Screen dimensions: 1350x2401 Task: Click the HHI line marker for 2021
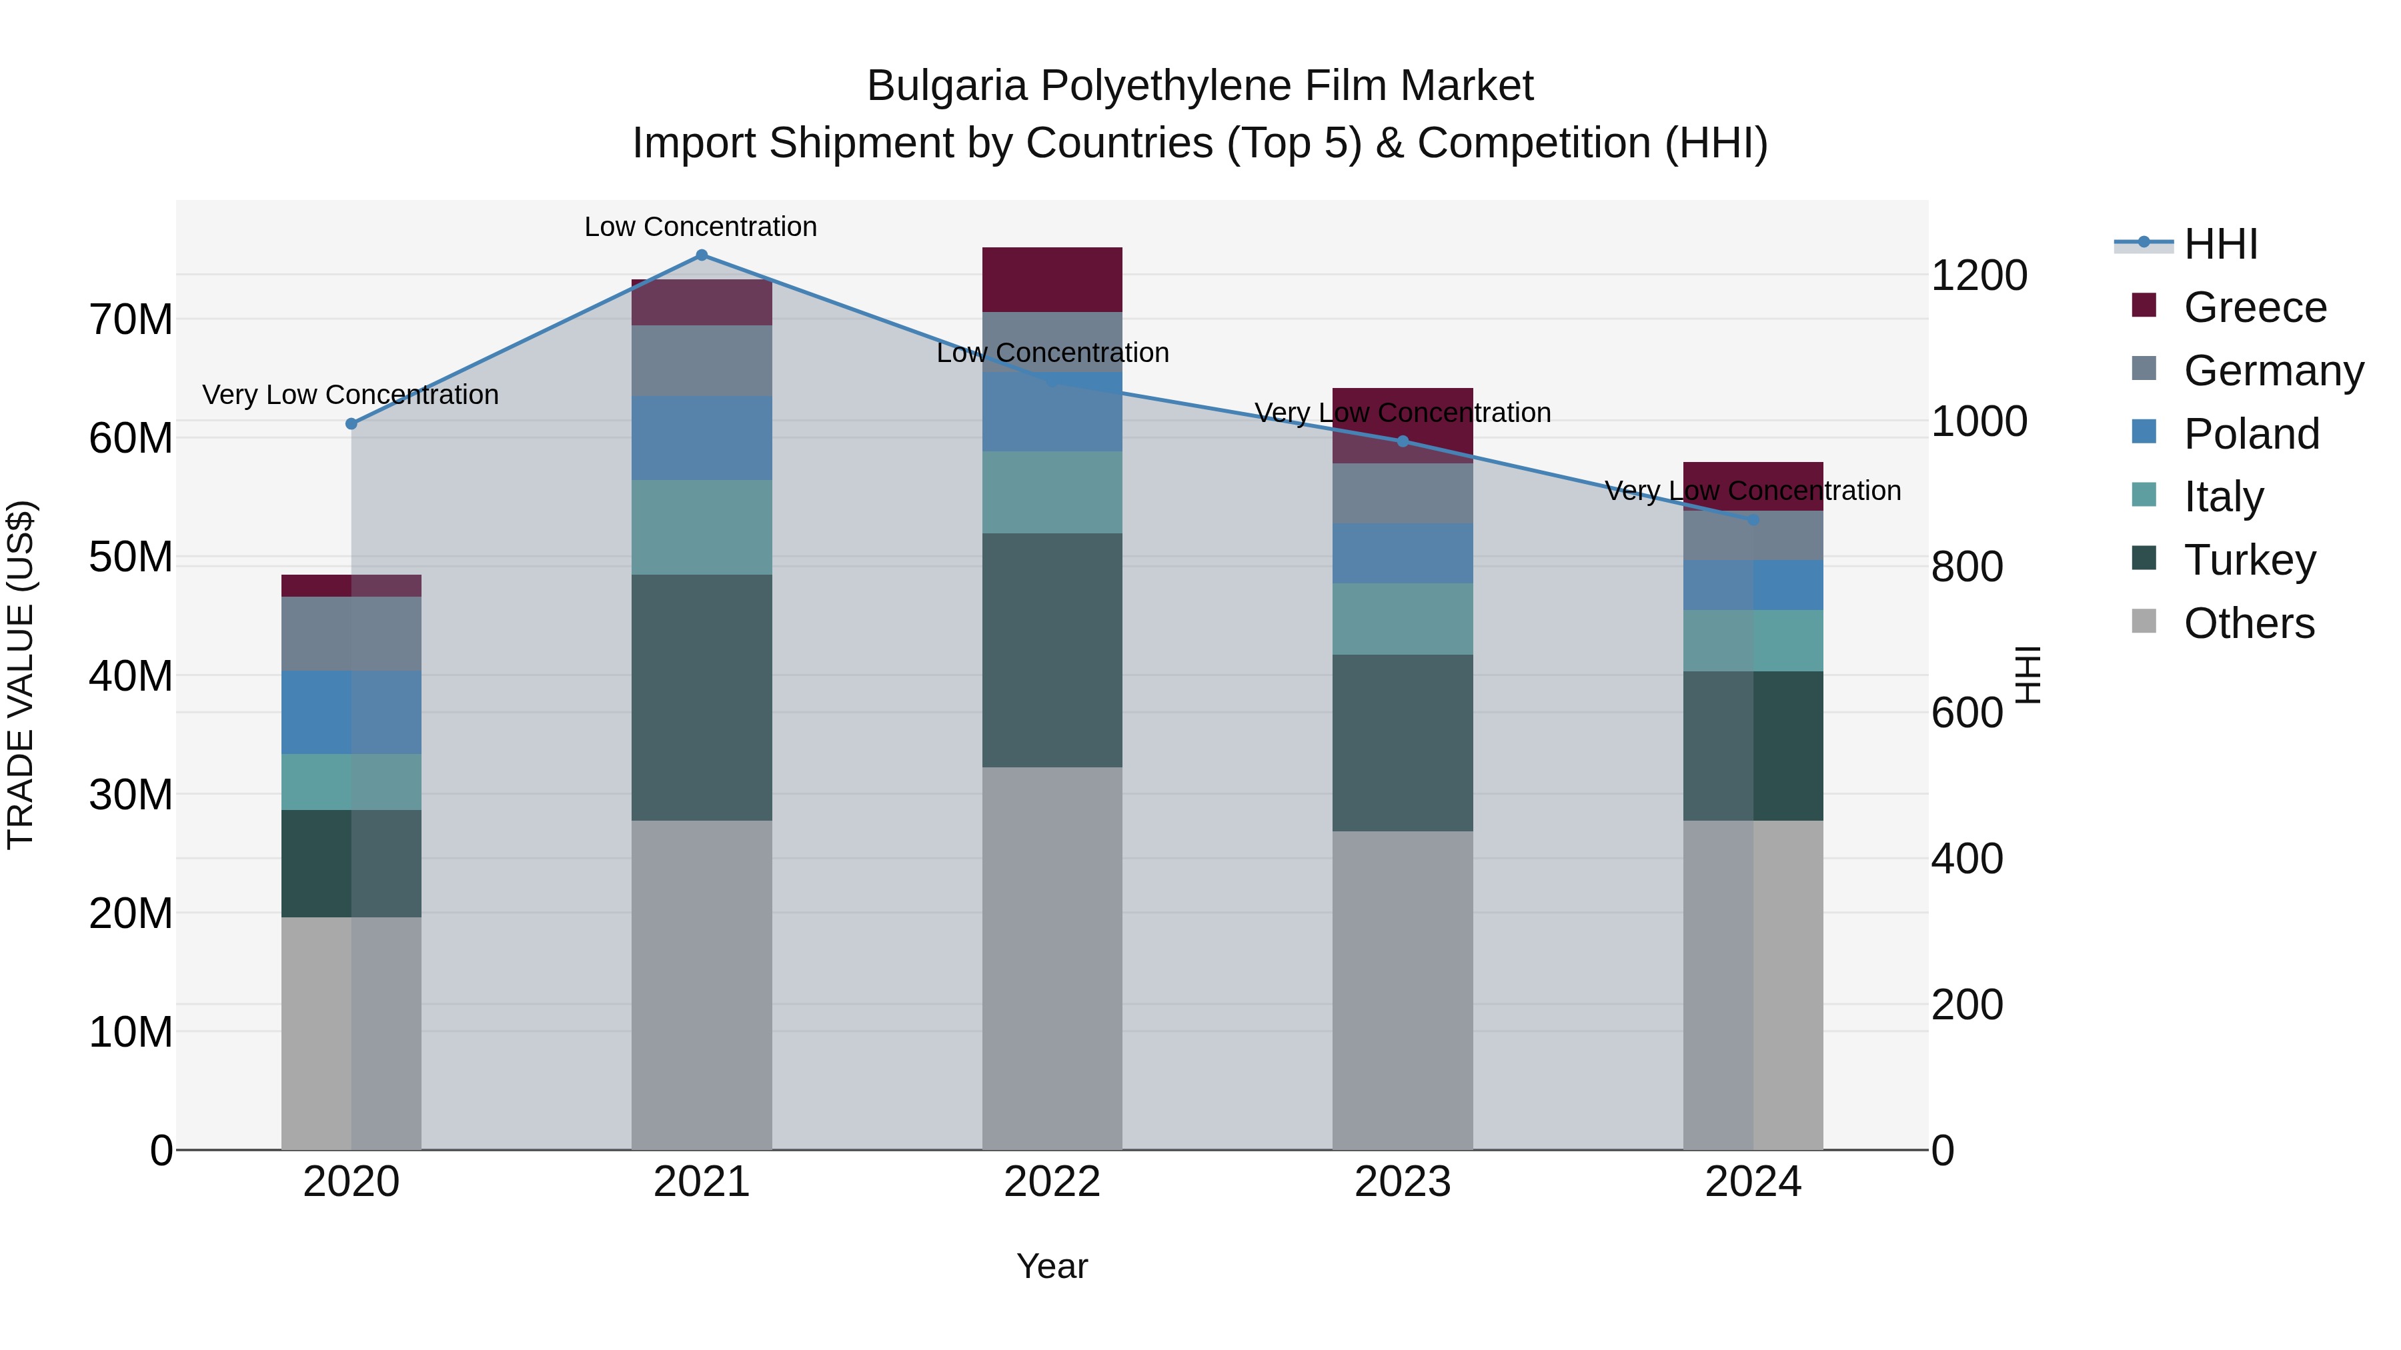702,255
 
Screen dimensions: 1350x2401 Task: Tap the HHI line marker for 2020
351,424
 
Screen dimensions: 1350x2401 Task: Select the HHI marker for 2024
1753,520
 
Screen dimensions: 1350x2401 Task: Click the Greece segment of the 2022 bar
1052,279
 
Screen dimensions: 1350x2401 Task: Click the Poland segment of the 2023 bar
1403,553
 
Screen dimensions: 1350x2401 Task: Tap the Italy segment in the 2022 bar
1052,492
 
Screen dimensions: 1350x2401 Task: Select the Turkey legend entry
2248,560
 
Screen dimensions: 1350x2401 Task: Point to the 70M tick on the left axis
131,319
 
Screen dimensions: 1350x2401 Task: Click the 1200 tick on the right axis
1979,276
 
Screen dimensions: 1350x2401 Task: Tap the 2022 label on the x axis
1052,1182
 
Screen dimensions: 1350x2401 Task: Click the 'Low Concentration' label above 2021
701,227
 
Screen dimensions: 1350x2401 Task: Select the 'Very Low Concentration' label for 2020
350,395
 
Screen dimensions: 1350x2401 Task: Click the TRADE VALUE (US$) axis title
21,675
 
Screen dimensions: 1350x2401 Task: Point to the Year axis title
1052,1266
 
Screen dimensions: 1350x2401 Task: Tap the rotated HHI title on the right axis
2028,675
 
